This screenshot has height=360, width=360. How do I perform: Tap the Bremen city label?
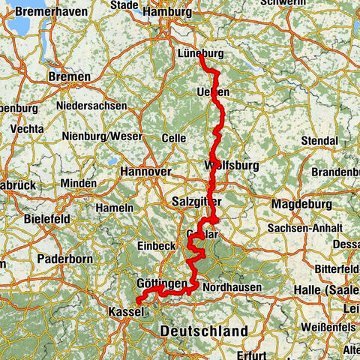(x=68, y=76)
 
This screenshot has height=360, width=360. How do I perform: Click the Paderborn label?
(x=61, y=262)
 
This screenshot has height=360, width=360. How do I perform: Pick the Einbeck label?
(x=156, y=246)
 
